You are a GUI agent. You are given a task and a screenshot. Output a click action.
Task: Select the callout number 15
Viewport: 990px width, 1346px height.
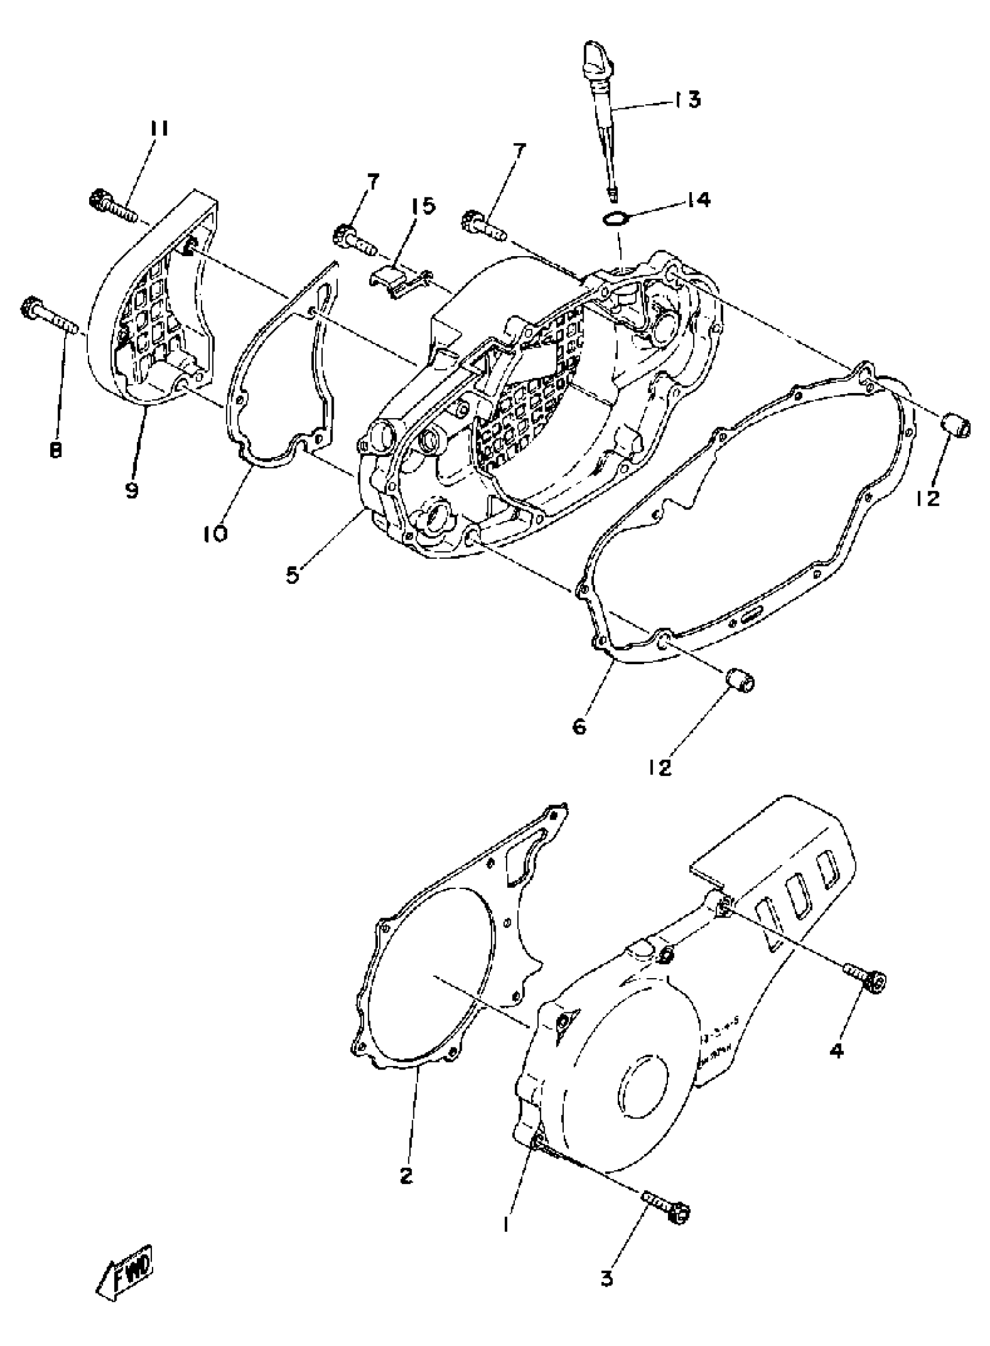pyautogui.click(x=423, y=206)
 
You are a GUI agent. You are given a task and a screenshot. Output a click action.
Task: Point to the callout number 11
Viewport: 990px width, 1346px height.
pyautogui.click(x=159, y=129)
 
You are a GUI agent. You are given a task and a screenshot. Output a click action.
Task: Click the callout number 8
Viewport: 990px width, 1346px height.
pyautogui.click(x=55, y=449)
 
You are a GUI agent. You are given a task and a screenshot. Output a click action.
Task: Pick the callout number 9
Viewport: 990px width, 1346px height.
pyautogui.click(x=132, y=490)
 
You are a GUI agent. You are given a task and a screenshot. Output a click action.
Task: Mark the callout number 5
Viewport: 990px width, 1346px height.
pyautogui.click(x=292, y=575)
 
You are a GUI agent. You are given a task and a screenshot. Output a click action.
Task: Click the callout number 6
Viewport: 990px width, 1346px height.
pyautogui.click(x=580, y=727)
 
